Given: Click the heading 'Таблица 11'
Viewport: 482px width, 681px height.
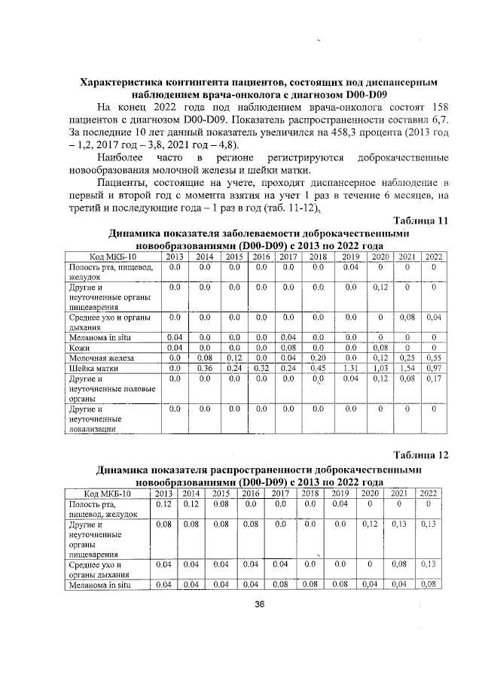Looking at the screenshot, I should (421, 220).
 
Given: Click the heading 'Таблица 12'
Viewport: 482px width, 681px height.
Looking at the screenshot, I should (421, 455).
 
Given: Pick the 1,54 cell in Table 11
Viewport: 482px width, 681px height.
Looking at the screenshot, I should (407, 369).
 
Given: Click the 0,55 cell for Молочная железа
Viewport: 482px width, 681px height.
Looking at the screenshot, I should (433, 359).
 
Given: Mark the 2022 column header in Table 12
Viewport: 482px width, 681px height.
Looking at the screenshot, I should (429, 493).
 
